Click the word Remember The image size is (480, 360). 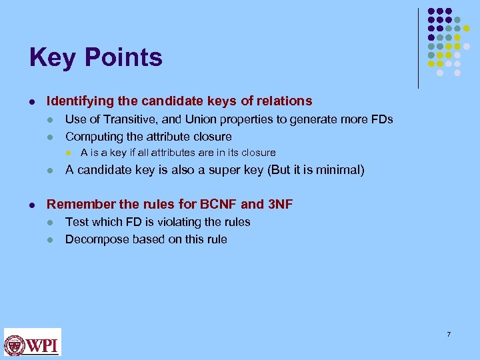76,204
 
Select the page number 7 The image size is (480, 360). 449,334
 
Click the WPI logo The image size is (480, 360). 33,342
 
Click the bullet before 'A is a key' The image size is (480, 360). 68,153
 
